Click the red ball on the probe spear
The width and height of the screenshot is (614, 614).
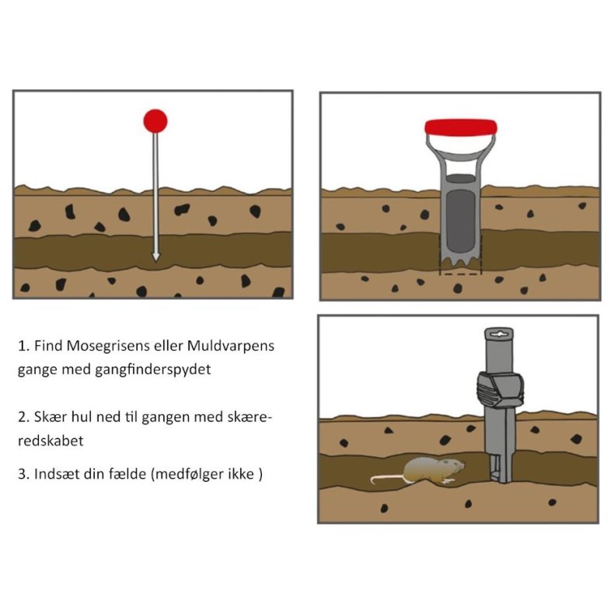point(155,121)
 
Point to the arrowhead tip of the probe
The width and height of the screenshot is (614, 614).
point(156,261)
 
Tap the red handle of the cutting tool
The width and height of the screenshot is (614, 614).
point(461,127)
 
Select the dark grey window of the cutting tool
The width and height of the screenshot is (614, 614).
point(460,221)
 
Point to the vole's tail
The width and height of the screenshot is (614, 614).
point(387,478)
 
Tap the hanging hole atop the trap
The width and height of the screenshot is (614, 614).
point(499,334)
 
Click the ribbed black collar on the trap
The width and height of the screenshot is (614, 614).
point(500,389)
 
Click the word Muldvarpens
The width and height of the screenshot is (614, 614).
point(231,346)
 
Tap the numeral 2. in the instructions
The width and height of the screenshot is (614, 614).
point(23,417)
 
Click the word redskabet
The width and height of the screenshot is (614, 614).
point(51,441)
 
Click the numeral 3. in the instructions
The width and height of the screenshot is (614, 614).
point(23,475)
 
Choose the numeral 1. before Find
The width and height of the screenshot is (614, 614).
point(23,347)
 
